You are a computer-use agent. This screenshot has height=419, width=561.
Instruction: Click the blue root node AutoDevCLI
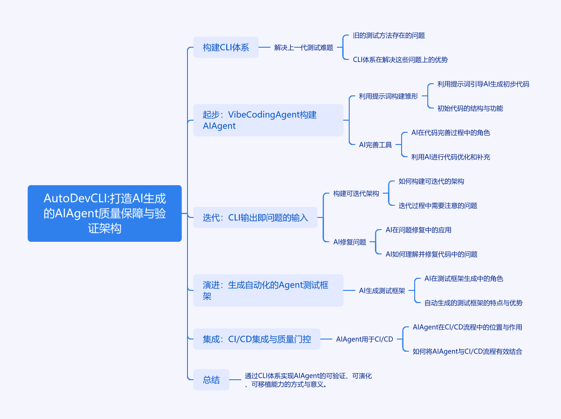click(x=104, y=213)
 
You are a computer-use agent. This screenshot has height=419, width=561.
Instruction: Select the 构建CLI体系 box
click(x=226, y=47)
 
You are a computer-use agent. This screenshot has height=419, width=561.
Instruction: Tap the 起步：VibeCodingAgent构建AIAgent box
click(x=268, y=120)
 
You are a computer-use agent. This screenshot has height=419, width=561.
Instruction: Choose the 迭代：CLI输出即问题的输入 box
click(x=255, y=217)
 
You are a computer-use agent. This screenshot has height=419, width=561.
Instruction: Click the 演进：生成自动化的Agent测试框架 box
click(x=268, y=290)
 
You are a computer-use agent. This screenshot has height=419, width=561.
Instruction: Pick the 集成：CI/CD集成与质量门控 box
click(x=257, y=339)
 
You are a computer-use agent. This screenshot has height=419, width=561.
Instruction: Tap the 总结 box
click(x=211, y=380)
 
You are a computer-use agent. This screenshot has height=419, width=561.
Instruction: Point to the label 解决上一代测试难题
click(x=303, y=48)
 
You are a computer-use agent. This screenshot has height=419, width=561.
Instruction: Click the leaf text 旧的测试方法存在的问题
click(x=388, y=36)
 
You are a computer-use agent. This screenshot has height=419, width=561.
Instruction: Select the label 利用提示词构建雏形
click(x=388, y=96)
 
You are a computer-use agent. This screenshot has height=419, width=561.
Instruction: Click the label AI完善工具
click(x=375, y=145)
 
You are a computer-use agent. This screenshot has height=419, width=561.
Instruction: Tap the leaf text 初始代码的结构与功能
click(x=470, y=108)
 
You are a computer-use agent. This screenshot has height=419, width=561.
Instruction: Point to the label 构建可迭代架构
click(x=356, y=194)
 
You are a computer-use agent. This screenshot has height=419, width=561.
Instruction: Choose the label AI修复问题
click(x=349, y=242)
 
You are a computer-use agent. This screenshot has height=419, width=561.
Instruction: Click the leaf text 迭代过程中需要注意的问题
click(x=438, y=206)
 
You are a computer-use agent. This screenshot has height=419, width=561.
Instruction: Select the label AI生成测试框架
click(x=381, y=291)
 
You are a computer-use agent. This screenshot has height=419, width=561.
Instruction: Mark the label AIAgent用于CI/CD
click(x=364, y=340)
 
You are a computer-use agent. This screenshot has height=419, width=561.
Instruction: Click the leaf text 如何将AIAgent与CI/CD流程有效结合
click(x=467, y=352)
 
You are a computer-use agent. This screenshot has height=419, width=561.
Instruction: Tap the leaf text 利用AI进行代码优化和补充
click(x=450, y=157)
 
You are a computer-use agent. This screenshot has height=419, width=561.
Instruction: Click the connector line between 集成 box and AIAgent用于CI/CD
click(x=326, y=339)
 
